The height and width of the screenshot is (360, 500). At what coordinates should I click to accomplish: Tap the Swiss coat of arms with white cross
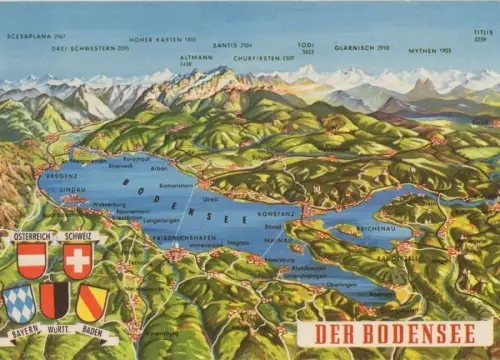(x=77, y=260)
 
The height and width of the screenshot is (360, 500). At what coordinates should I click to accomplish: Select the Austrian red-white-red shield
(x=31, y=260)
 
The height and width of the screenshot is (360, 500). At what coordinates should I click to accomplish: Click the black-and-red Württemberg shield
(x=54, y=300)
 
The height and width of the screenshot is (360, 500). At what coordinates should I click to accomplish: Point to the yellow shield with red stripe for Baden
(x=92, y=301)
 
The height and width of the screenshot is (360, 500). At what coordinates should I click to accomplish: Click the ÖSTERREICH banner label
(x=30, y=236)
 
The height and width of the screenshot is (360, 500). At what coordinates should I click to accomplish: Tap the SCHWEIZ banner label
(x=78, y=236)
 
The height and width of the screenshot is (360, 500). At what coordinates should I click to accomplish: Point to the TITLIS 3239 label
(x=483, y=35)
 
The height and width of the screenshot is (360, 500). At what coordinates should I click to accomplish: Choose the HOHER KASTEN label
(x=162, y=39)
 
